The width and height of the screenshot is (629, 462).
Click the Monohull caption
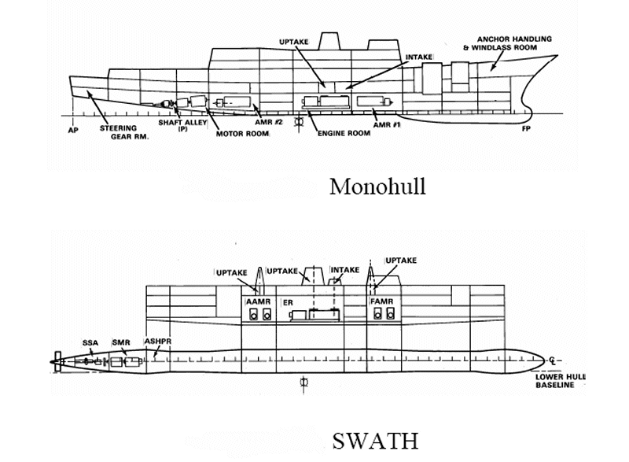tap(377, 187)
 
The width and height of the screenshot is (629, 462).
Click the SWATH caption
tap(376, 441)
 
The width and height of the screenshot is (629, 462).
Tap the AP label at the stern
tap(73, 130)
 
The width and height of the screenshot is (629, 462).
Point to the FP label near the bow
tap(526, 128)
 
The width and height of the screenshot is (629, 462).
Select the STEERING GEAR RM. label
tap(124, 132)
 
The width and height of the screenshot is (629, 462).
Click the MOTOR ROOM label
tap(242, 134)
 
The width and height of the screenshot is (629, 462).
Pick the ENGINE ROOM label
tap(344, 133)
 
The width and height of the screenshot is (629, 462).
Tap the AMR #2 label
tap(269, 122)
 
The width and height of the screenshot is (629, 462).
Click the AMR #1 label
tap(387, 125)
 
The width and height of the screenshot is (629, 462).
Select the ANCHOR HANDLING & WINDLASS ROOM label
tap(508, 43)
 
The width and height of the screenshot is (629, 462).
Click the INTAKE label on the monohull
tap(419, 57)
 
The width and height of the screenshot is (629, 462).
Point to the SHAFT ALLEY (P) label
tap(182, 125)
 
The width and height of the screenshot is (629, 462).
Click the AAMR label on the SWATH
tap(259, 301)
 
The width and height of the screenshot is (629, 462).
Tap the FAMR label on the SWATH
tap(381, 301)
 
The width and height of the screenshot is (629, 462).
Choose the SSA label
tap(90, 343)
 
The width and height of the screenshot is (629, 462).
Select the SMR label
tap(121, 342)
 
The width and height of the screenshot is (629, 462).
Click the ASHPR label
tap(158, 341)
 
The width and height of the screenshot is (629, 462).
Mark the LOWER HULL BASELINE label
tap(561, 381)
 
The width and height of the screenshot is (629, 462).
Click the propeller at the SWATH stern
tap(58, 362)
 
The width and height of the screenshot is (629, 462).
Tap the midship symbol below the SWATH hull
tap(303, 383)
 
